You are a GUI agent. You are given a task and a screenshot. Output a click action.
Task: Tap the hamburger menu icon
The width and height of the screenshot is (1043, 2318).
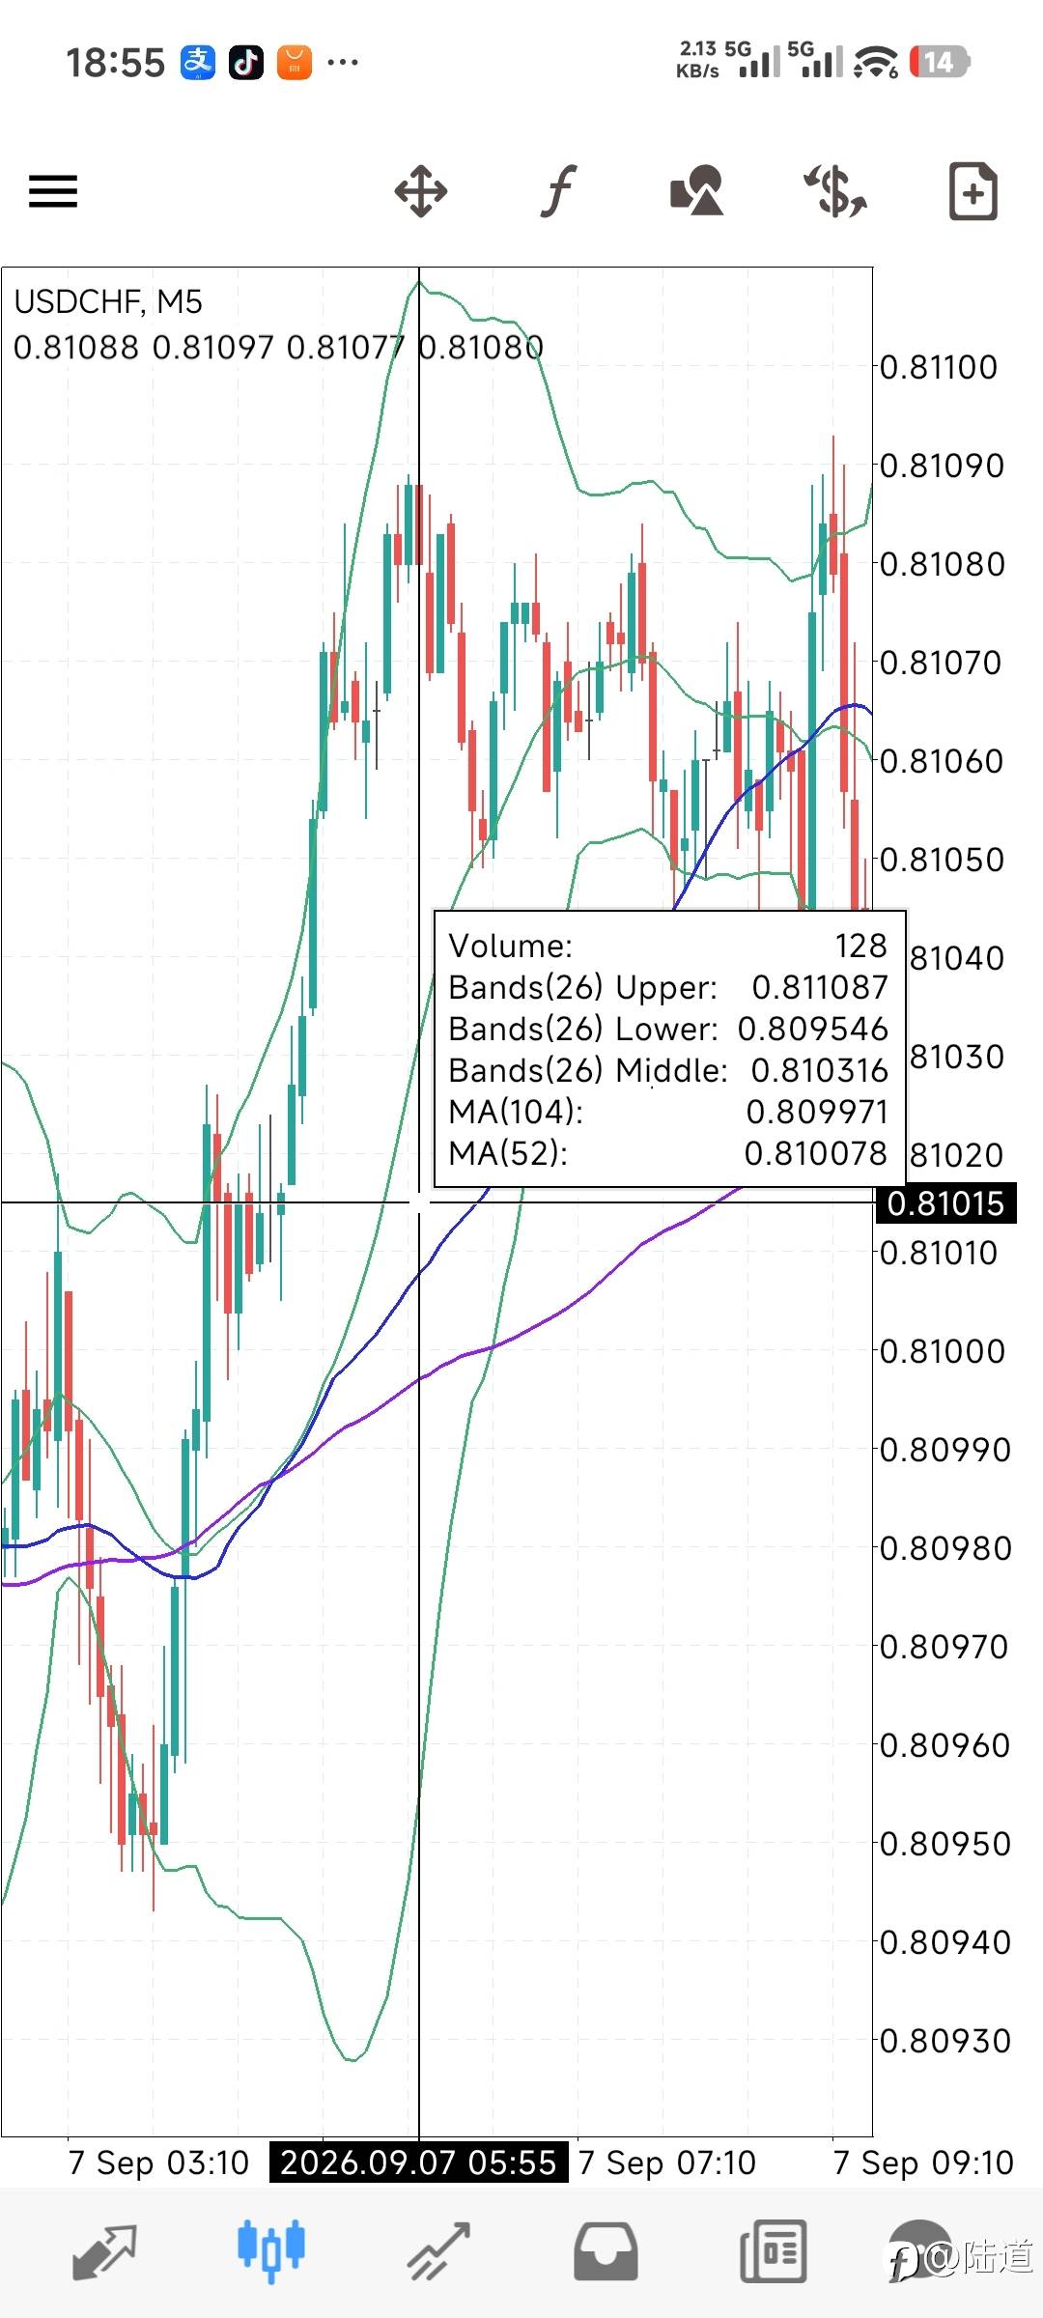coord(53,191)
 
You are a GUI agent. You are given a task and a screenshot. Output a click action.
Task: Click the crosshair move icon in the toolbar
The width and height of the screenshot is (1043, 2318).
coord(421,191)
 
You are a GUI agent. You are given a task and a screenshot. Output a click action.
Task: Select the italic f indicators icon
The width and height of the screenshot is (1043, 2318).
coord(558,190)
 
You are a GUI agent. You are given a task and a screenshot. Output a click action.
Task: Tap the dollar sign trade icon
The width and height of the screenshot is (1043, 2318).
coord(836,190)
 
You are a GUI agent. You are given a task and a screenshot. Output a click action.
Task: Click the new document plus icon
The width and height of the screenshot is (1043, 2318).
coord(973,191)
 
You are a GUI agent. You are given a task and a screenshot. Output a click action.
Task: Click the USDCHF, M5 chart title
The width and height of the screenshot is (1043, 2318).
coord(108,302)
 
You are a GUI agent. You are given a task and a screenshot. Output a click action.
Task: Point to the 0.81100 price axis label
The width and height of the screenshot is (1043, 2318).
coord(939,368)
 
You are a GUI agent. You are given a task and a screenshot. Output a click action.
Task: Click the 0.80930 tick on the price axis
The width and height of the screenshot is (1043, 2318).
coord(944,2041)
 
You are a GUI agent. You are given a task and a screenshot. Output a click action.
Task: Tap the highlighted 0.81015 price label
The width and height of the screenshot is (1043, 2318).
coord(945,1203)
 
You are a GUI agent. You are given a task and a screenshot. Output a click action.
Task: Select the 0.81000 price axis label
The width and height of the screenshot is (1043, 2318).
coord(943,1351)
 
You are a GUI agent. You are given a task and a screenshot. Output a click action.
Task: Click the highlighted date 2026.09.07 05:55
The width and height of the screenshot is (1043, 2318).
coord(418,2162)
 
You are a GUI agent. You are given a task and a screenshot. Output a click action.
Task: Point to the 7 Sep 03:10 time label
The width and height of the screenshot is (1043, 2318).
coord(159,2163)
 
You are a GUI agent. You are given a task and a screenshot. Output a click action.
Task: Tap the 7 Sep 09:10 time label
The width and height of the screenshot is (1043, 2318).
coord(923,2163)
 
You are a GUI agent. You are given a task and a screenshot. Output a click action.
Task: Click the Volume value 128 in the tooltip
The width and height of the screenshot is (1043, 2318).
coord(861,946)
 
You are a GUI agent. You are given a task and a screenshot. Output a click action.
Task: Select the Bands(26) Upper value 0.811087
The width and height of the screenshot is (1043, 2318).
coord(820,987)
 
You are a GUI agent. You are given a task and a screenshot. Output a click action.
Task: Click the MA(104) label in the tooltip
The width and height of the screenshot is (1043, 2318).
coord(517,1112)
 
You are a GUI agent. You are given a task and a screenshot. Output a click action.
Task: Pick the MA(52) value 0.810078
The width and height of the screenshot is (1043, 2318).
coord(816,1153)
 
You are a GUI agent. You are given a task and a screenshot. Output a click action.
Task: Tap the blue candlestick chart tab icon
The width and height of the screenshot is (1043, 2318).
coord(271,2250)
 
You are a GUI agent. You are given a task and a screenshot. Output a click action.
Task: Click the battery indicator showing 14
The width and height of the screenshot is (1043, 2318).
coord(939,63)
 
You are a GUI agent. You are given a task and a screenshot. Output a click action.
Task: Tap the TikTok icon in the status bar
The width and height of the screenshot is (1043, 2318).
coord(246,63)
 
